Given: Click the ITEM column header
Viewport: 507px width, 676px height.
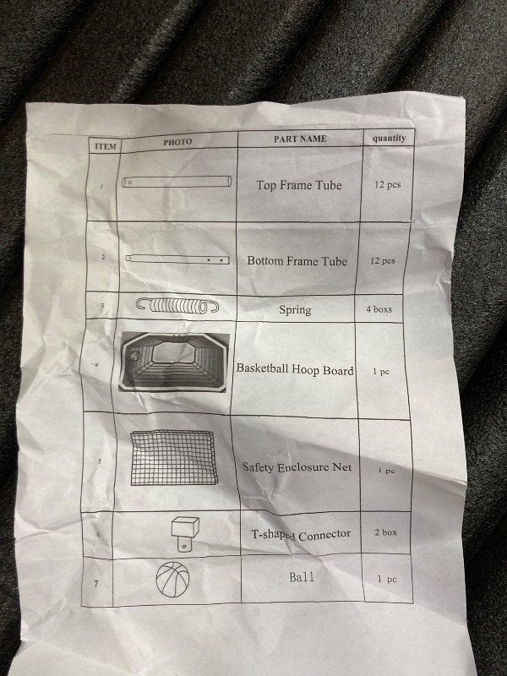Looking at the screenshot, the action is [106, 146].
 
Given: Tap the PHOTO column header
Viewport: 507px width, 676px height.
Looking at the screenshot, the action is [177, 142].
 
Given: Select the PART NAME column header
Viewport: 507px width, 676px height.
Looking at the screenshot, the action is [300, 139].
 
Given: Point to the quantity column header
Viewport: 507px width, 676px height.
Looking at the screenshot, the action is [389, 138].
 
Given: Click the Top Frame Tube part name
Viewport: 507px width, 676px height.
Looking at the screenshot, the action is [299, 185].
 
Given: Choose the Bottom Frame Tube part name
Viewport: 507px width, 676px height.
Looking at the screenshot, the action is [297, 261].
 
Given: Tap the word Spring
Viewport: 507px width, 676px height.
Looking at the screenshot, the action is [295, 310].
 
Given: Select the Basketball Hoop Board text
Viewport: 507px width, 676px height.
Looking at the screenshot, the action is [295, 369].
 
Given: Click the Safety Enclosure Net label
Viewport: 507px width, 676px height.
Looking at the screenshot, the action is [297, 467].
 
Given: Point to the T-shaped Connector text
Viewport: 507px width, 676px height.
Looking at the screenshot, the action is [301, 535].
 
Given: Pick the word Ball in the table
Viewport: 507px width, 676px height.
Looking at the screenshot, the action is [302, 577].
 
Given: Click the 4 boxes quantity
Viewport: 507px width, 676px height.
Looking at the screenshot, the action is [379, 309].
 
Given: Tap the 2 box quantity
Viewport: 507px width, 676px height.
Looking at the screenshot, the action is [385, 532].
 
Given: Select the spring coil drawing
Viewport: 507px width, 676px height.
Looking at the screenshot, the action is [177, 305].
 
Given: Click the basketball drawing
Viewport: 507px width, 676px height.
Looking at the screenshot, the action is [172, 580].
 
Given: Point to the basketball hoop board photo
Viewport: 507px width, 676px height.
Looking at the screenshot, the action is [173, 363].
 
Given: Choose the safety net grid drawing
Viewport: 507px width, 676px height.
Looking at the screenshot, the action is [173, 458].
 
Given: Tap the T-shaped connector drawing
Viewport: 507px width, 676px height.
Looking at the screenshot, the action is [185, 534].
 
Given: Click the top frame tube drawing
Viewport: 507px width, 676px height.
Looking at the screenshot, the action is [177, 182].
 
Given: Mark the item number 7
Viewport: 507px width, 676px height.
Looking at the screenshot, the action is [96, 584].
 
